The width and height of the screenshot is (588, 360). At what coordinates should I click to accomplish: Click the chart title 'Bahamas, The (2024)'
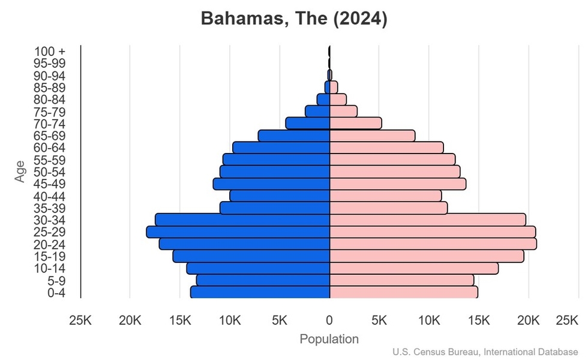pyautogui.click(x=294, y=19)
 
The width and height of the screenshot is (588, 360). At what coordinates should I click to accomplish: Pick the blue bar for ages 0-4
pyautogui.click(x=260, y=292)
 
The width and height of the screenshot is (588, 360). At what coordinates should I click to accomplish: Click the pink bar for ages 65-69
pyautogui.click(x=372, y=136)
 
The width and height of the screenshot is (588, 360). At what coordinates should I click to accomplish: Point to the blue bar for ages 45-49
pyautogui.click(x=272, y=184)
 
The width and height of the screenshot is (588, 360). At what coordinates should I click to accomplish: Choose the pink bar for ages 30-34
pyautogui.click(x=428, y=220)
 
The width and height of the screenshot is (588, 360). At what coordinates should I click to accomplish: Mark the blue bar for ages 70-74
pyautogui.click(x=308, y=123)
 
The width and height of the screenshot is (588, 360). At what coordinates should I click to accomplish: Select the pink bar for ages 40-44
pyautogui.click(x=386, y=196)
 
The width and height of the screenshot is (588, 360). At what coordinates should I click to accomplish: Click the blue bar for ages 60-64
pyautogui.click(x=281, y=148)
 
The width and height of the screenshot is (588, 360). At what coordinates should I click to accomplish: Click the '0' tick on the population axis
pyautogui.click(x=329, y=321)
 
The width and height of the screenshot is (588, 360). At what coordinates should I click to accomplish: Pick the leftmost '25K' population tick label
pyautogui.click(x=80, y=321)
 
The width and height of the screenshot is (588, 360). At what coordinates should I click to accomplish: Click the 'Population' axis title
pyautogui.click(x=329, y=339)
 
